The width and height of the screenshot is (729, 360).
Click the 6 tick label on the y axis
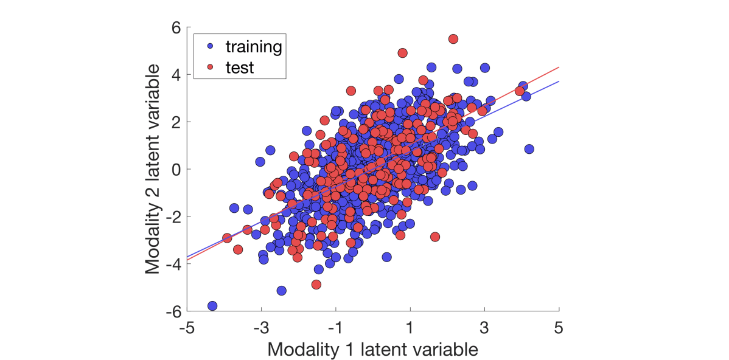tap(175, 27)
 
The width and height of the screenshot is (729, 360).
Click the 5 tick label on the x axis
tap(559, 328)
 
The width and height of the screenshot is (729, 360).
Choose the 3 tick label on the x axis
tap(484, 328)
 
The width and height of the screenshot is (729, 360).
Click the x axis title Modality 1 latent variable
tap(372, 349)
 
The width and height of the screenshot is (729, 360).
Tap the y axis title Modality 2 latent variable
tap(153, 169)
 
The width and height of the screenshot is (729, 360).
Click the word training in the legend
tap(254, 46)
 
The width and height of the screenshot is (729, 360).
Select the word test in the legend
tap(239, 67)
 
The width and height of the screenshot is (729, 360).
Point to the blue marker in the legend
tap(210, 46)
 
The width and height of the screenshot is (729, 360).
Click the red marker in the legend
tap(210, 67)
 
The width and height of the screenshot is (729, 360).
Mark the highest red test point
tap(453, 39)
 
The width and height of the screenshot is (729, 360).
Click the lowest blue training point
tap(212, 306)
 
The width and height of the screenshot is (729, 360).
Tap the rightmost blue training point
tap(529, 149)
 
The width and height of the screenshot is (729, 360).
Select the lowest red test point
tap(316, 284)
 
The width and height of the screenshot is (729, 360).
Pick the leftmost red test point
tap(227, 238)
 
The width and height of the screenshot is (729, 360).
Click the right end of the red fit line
tap(559, 67)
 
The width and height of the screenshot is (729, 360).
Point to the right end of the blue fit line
tap(559, 81)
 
